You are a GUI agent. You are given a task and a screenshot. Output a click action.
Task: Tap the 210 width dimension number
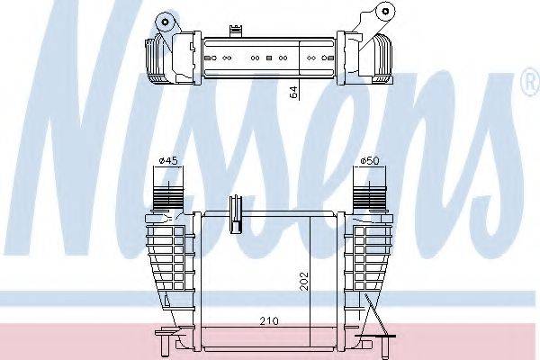tap(257, 320)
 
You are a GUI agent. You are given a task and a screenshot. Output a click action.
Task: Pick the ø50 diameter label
tap(369, 161)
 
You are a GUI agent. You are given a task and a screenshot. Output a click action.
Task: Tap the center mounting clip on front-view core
tap(238, 208)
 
